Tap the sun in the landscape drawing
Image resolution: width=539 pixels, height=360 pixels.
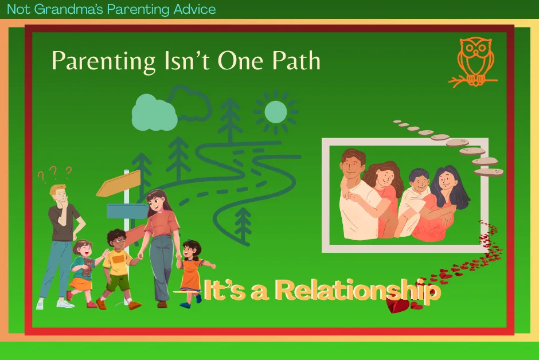(x=275, y=111)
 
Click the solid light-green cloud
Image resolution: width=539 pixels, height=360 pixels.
(x=154, y=113)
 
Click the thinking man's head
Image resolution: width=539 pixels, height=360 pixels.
(x=59, y=195)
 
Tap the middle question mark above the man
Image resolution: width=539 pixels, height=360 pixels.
(x=53, y=171)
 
